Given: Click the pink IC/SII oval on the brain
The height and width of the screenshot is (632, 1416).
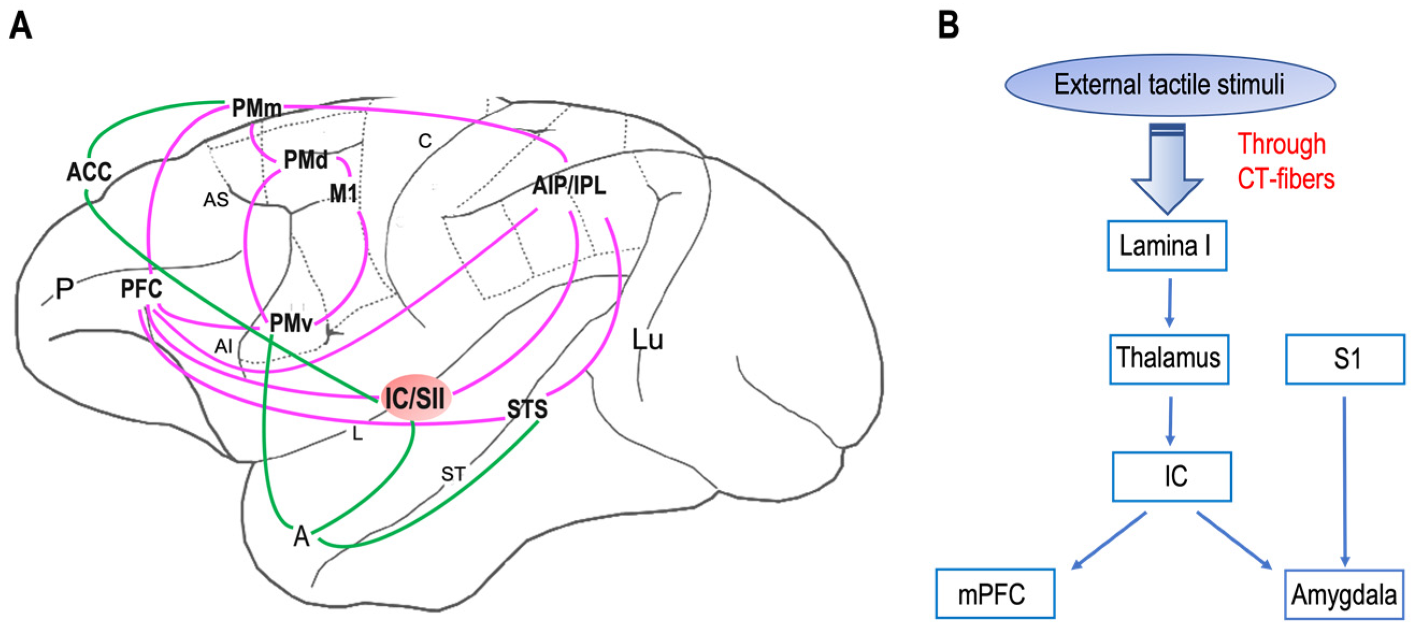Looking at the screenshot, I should pos(416,397).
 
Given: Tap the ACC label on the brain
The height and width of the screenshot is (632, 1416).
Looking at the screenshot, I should pos(89,172).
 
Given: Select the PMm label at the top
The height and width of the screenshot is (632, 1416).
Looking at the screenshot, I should pos(256,108).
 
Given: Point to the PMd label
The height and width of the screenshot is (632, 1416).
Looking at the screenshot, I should pos(306,160).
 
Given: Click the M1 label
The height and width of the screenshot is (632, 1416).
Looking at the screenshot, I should pos(343,193).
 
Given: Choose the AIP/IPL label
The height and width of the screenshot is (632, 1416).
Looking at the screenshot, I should pos(569,186).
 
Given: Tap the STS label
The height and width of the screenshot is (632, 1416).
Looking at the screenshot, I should pos(526,409).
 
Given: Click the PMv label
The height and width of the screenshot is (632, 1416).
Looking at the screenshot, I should pos(291,324).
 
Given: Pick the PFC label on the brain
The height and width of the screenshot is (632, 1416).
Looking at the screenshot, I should pos(141,289).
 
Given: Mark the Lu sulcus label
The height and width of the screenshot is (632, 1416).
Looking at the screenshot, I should pos(647,340).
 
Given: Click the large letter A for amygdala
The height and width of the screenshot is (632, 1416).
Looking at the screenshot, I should pos(301,536).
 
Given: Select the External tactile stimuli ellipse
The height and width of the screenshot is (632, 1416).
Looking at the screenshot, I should pos(1170,85).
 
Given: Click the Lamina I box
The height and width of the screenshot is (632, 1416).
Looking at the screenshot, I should pos(1166,245).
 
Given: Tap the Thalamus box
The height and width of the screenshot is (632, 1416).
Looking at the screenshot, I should pos(1169,358).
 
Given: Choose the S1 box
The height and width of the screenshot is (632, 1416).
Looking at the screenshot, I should pos(1345,359).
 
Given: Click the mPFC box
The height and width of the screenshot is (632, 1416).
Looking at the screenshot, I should pos(995,593).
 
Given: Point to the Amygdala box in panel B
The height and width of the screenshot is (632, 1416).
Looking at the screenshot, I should pos(1343,594).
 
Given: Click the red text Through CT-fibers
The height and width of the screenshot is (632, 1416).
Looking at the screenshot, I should pos(1284,162).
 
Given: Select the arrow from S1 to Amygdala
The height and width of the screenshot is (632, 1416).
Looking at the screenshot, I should pos(1345,481).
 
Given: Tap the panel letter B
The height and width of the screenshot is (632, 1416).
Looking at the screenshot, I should pos(949,26).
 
